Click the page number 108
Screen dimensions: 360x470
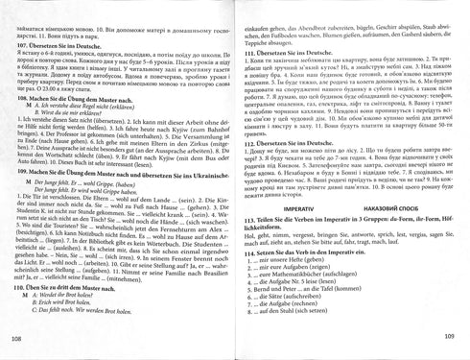coord(12,340)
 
